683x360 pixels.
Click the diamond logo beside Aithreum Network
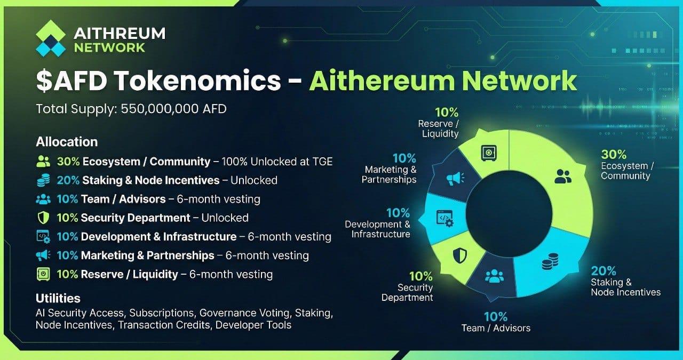point(51,38)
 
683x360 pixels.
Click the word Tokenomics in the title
point(197,81)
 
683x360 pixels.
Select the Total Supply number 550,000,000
point(160,109)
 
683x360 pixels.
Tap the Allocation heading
point(67,142)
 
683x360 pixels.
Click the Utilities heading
point(58,298)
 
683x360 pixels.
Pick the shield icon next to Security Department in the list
point(43,218)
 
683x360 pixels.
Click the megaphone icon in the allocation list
point(43,255)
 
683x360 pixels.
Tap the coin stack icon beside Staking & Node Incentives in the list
point(43,180)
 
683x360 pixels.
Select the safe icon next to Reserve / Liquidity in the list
point(43,274)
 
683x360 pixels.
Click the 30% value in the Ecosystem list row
point(68,162)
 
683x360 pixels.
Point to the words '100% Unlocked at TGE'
point(277,162)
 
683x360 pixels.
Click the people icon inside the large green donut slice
point(562,177)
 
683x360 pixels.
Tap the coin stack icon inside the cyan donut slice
point(550,261)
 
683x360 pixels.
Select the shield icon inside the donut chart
point(459,255)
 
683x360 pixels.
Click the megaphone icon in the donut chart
point(456,179)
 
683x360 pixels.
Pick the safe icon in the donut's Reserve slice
point(489,153)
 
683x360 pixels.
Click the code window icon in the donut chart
point(445,218)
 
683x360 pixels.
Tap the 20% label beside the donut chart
point(603,271)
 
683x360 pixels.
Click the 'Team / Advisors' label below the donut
point(496,328)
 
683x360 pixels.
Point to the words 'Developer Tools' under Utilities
point(253,325)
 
